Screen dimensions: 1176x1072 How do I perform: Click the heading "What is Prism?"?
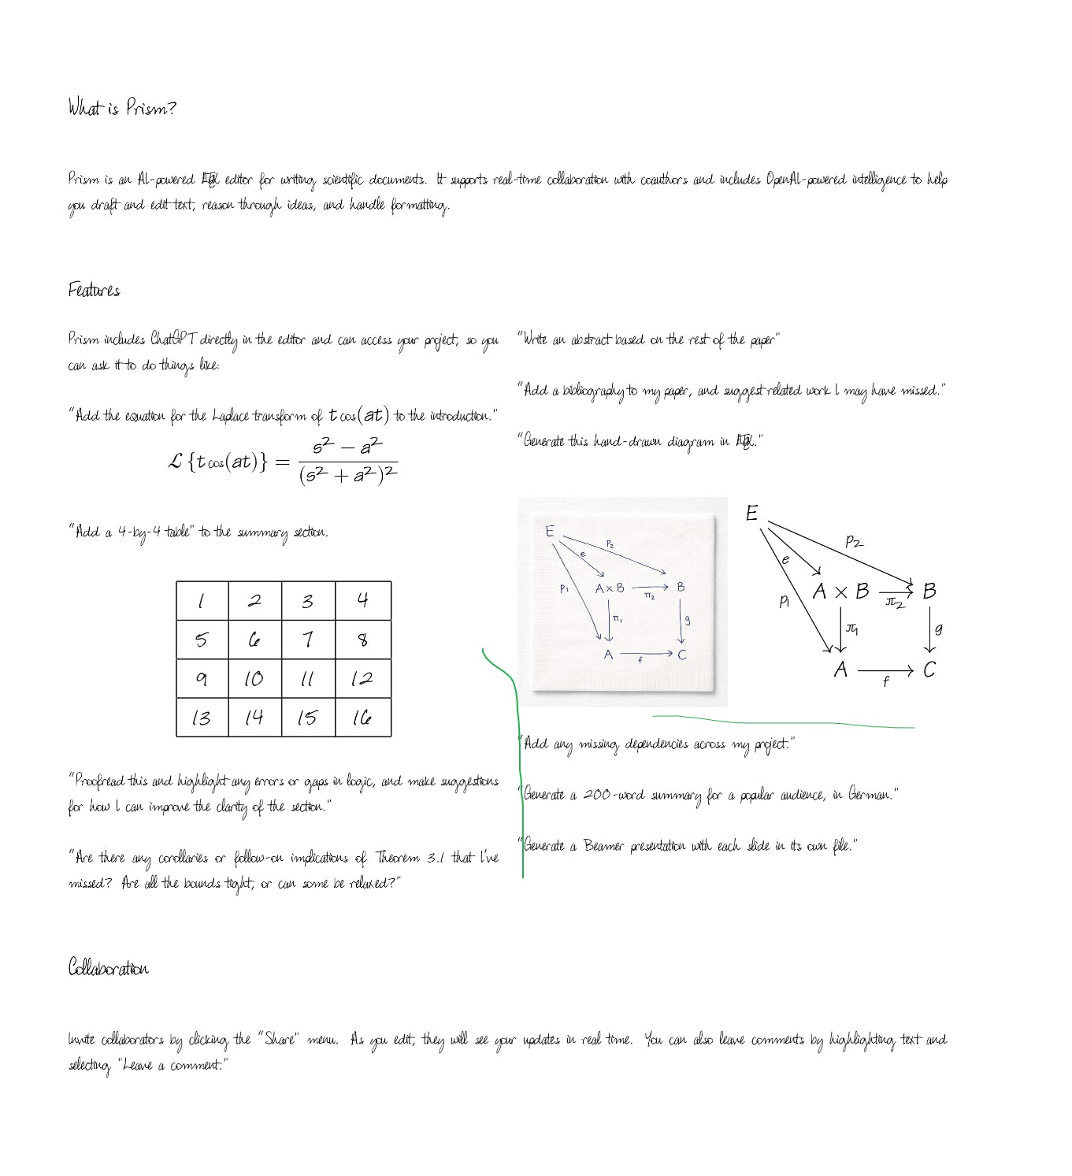point(122,107)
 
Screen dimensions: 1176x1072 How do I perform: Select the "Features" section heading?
point(94,291)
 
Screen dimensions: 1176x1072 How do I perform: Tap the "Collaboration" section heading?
point(108,968)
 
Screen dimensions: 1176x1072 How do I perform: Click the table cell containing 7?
point(308,640)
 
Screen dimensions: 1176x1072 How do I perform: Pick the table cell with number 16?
point(362,718)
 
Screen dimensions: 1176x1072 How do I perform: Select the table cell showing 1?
point(202,601)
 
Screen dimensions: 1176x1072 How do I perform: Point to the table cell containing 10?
point(254,679)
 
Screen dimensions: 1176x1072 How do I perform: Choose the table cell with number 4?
point(362,601)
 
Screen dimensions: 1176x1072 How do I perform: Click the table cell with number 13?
point(202,718)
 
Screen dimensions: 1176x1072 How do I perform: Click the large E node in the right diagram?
point(751,514)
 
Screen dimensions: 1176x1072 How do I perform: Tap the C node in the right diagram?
point(929,670)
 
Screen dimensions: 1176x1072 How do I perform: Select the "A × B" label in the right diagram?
point(840,591)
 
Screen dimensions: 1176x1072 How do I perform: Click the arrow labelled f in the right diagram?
point(885,671)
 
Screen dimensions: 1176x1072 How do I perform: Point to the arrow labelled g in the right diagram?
point(929,630)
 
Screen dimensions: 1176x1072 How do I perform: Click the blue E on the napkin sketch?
point(550,531)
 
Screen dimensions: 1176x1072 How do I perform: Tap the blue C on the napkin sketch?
point(682,655)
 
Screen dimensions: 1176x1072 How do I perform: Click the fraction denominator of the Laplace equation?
point(348,476)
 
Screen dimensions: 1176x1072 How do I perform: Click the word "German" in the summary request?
point(870,795)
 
